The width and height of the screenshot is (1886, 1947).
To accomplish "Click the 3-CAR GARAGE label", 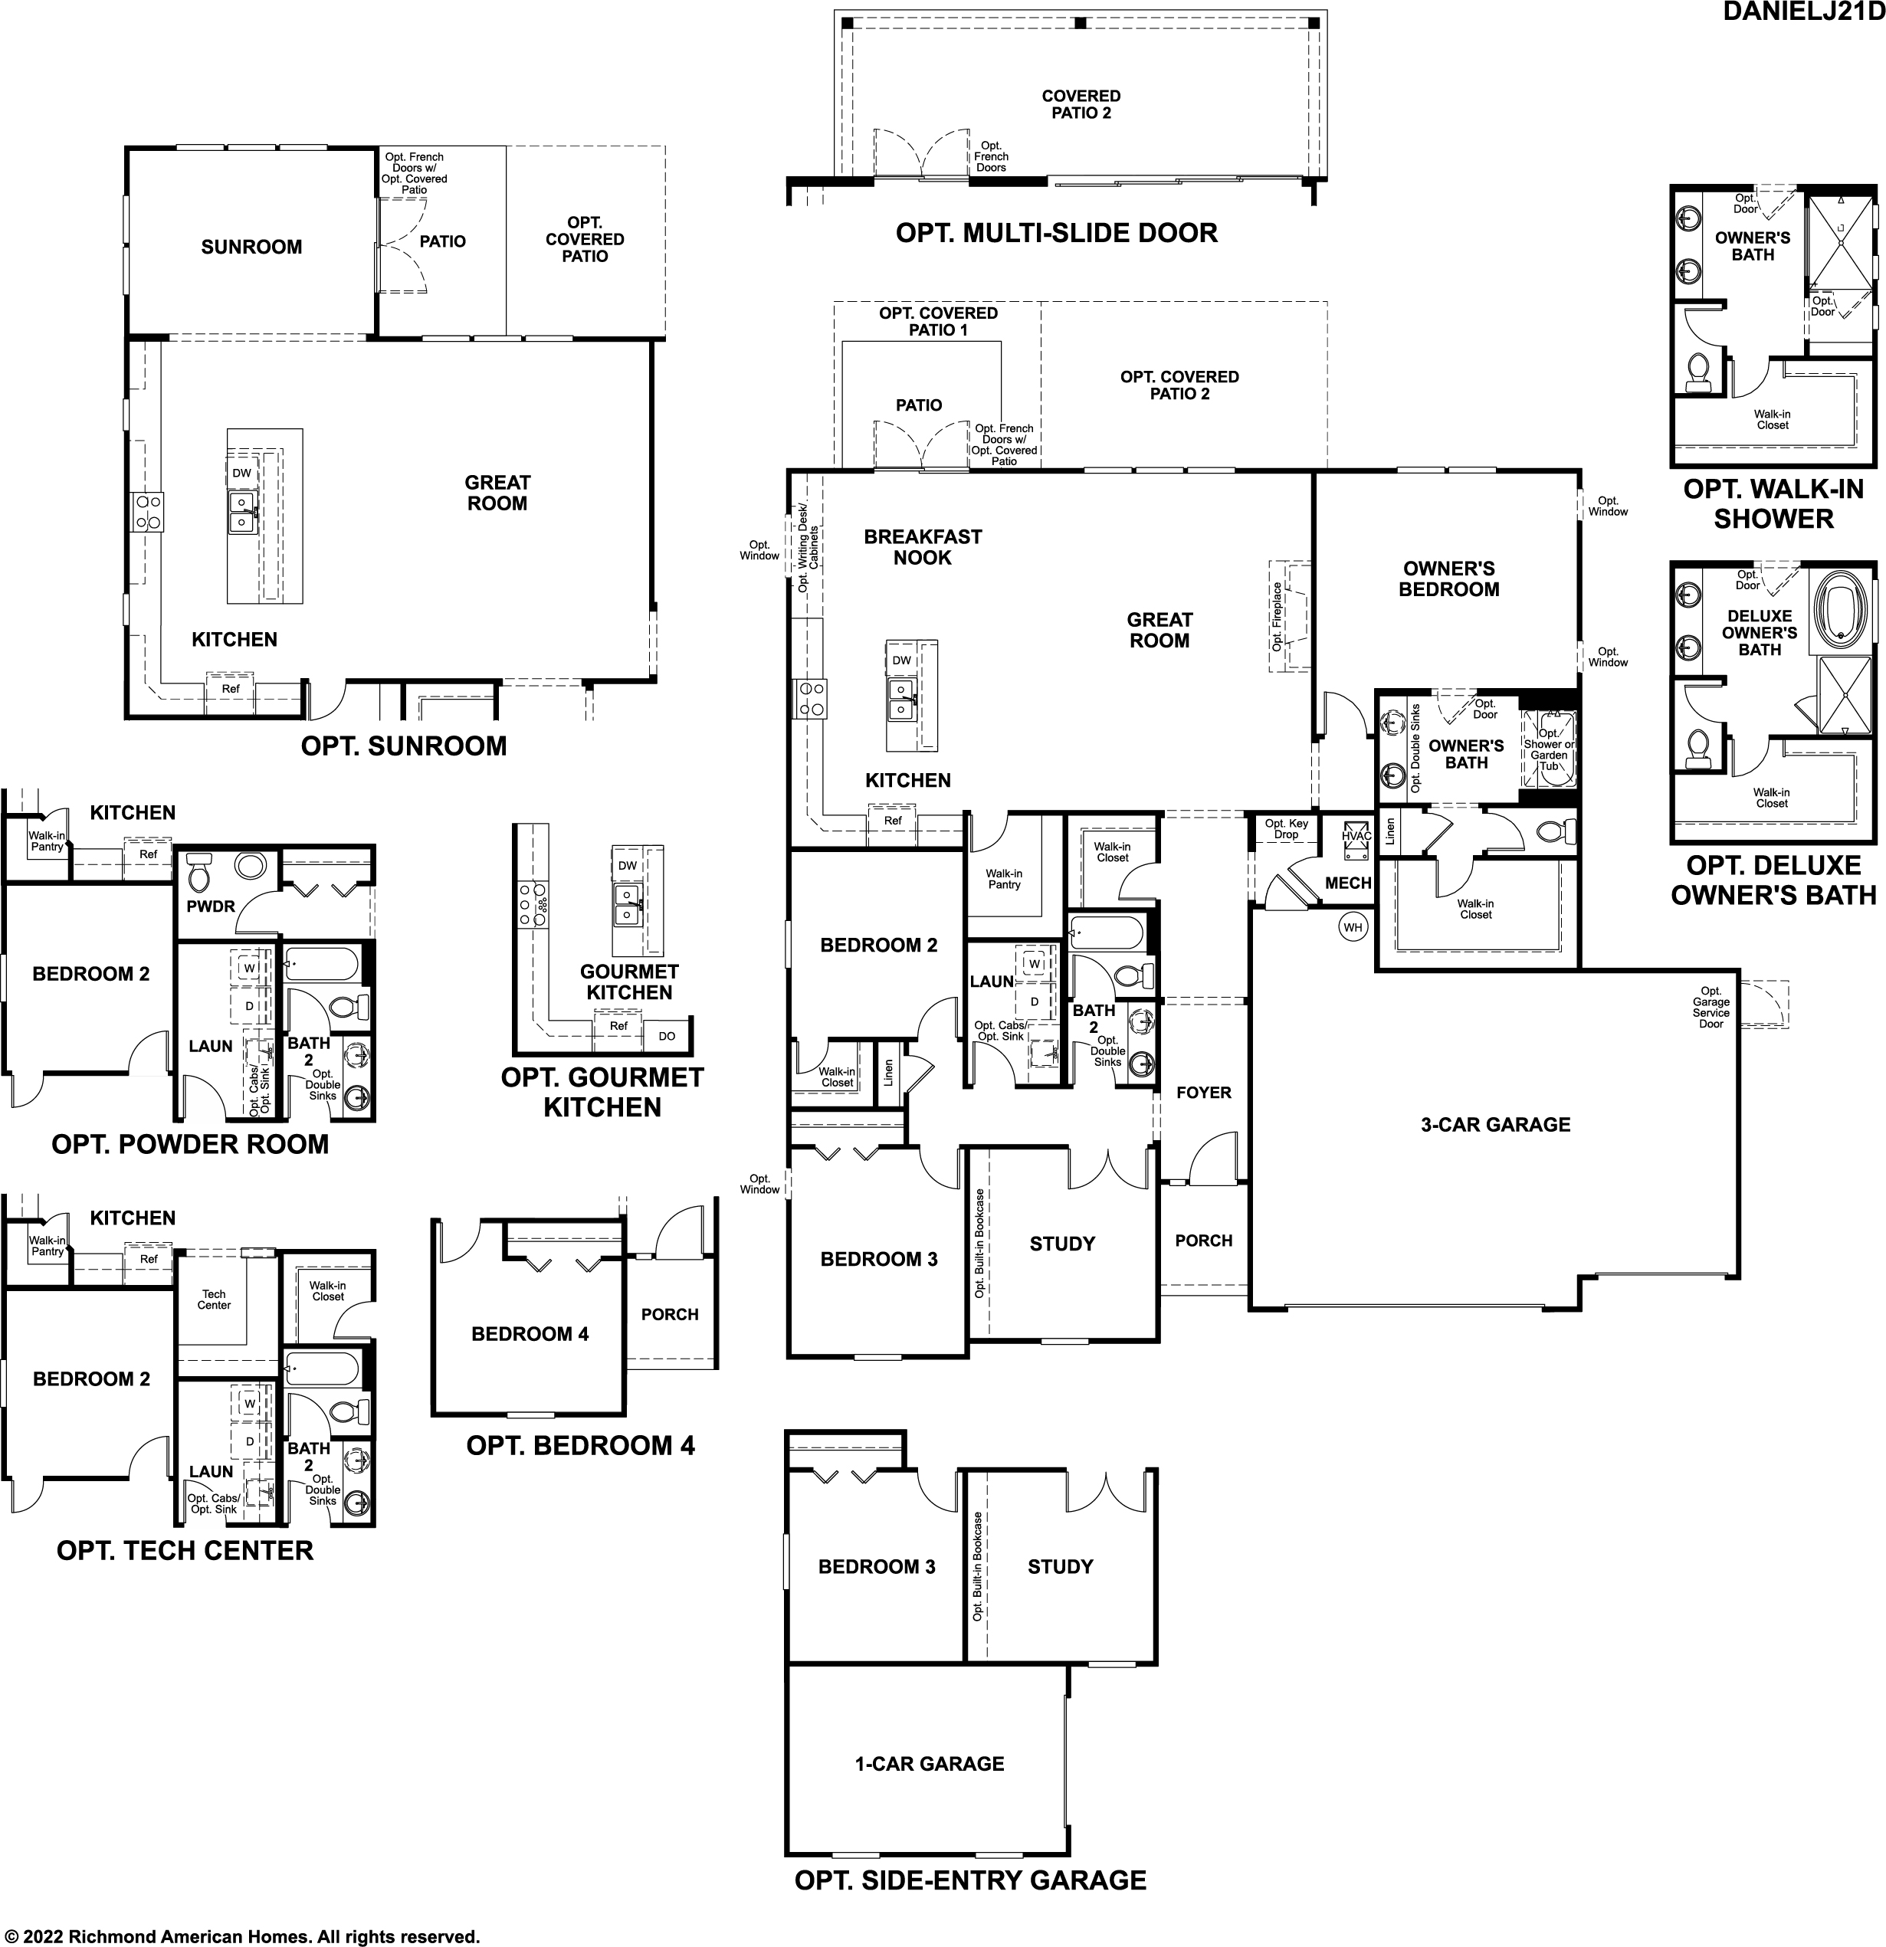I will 1494,1125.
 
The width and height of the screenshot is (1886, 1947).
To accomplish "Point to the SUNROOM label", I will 251,247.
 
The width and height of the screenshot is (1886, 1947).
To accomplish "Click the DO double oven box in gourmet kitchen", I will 667,1036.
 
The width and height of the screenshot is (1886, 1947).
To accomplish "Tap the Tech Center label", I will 214,1300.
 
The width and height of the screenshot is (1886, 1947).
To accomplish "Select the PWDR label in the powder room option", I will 211,906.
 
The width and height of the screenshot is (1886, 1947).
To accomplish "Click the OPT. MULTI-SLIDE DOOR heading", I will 1056,234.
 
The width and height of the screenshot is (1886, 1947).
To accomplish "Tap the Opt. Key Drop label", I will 1286,828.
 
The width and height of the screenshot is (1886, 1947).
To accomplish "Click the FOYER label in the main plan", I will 1203,1093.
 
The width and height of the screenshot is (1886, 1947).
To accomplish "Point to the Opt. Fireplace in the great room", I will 1289,617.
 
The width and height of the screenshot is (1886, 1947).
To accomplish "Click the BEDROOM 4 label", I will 530,1334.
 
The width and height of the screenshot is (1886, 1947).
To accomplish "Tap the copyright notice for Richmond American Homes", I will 241,1936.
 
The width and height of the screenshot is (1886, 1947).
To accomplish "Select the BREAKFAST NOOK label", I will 922,547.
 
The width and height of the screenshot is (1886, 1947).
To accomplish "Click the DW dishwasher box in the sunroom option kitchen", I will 241,473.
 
